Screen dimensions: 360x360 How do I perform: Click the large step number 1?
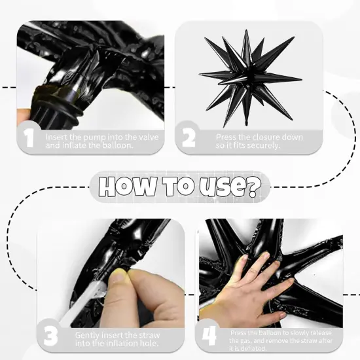(x=29, y=139)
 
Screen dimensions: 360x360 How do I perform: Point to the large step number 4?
(x=209, y=335)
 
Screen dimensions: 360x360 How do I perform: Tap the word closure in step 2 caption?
(x=257, y=137)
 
